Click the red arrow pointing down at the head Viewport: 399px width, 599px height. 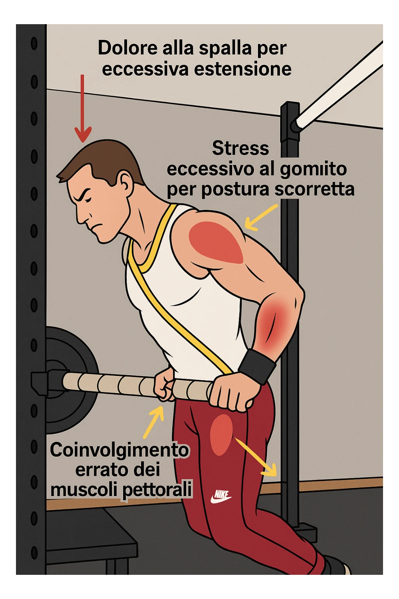pyautogui.click(x=82, y=109)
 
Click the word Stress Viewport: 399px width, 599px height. pyautogui.click(x=240, y=149)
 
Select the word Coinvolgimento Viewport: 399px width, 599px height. pyautogui.click(x=119, y=450)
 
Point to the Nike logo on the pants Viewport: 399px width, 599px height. pyautogui.click(x=221, y=496)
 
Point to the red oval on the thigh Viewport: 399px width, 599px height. pyautogui.click(x=221, y=434)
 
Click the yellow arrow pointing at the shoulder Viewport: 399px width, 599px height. pyautogui.click(x=260, y=217)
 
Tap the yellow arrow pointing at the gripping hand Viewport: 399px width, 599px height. pyautogui.click(x=154, y=421)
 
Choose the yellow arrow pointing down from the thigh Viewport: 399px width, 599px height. pyautogui.click(x=257, y=458)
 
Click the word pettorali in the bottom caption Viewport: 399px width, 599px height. pyautogui.click(x=157, y=490)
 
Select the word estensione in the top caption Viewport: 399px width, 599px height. pyautogui.click(x=242, y=69)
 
